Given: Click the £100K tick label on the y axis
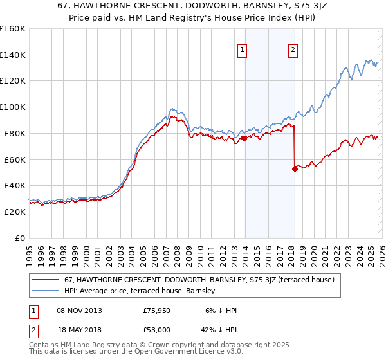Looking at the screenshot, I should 13,107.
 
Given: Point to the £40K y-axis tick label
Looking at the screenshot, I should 15,185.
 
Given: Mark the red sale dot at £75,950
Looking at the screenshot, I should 244,138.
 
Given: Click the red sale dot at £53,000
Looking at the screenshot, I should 295,168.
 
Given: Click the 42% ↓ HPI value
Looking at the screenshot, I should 221,328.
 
